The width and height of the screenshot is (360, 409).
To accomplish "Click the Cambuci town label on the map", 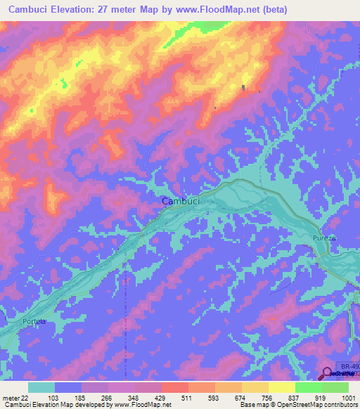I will tap(181, 201).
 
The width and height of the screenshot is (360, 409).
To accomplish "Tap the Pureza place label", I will tap(324, 239).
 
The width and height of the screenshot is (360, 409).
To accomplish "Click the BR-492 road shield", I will tap(349, 366).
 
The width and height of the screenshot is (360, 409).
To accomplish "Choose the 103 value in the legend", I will tap(54, 397).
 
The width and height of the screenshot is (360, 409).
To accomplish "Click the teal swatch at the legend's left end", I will tap(41, 387).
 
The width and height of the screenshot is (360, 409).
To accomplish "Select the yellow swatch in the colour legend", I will tap(281, 387).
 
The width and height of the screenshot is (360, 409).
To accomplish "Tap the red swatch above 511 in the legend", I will tap(174, 387).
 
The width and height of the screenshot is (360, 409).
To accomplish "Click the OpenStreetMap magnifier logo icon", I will tap(328, 374).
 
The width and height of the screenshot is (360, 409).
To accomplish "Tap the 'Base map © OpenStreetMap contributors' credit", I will tap(298, 405).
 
